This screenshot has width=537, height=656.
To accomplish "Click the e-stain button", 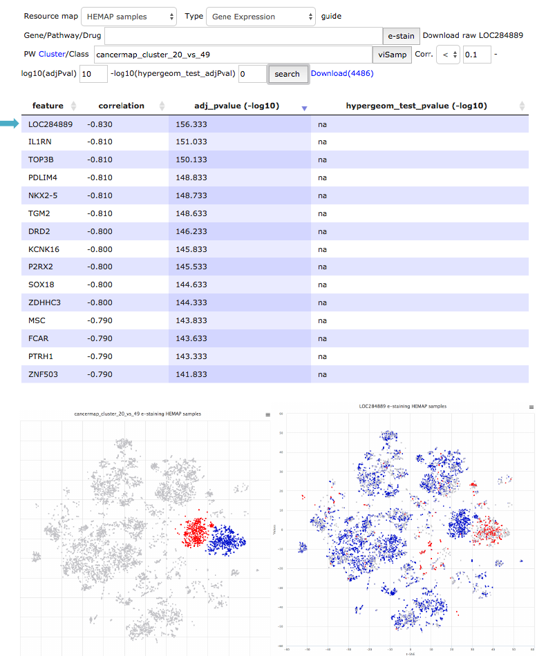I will click(x=401, y=35).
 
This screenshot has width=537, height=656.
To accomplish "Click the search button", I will click(x=287, y=74).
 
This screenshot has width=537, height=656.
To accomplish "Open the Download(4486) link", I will click(x=342, y=73).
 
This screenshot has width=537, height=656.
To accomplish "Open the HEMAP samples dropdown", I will click(x=130, y=17).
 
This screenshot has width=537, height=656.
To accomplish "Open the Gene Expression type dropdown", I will click(x=260, y=17).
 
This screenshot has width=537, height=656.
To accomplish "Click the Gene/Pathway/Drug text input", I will click(x=243, y=35).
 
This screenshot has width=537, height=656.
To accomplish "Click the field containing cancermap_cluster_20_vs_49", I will click(x=232, y=54).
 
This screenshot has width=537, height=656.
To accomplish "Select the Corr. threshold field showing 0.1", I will click(x=477, y=54).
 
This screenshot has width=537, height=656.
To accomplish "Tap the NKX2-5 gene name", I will click(x=42, y=195).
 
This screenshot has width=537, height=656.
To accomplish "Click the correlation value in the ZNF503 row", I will click(x=100, y=374).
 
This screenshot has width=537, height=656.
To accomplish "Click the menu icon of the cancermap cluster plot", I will click(x=267, y=415).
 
